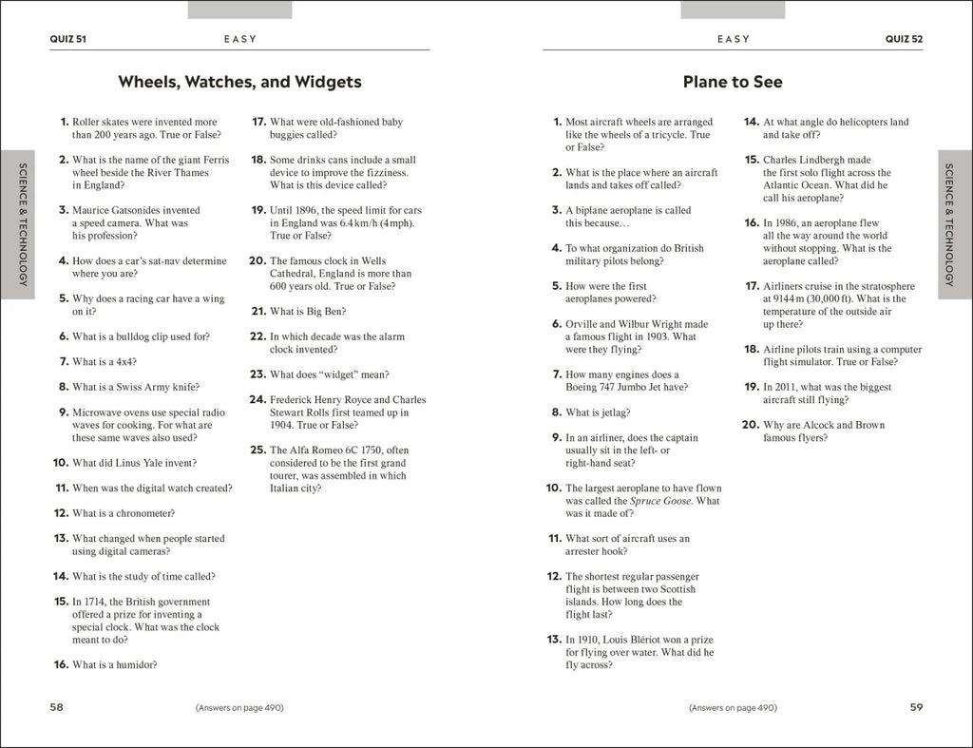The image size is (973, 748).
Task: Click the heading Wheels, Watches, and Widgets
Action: pyautogui.click(x=239, y=82)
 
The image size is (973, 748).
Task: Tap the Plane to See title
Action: pyautogui.click(x=733, y=82)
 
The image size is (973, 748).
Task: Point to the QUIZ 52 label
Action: pyautogui.click(x=904, y=39)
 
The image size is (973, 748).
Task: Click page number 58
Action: pyautogui.click(x=57, y=707)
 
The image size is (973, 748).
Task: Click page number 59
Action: pyautogui.click(x=916, y=707)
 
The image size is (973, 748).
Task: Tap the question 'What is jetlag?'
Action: pyautogui.click(x=598, y=412)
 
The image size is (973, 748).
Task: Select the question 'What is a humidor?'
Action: pyautogui.click(x=115, y=665)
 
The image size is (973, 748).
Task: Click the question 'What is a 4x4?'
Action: pyautogui.click(x=105, y=362)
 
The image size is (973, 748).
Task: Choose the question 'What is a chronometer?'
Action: pyautogui.click(x=124, y=513)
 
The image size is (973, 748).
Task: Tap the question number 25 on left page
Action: pyautogui.click(x=257, y=451)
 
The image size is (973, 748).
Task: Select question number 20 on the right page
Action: pyautogui.click(x=750, y=425)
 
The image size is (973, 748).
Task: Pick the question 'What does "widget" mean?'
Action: pyautogui.click(x=329, y=374)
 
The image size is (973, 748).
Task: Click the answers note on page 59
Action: pyautogui.click(x=733, y=707)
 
